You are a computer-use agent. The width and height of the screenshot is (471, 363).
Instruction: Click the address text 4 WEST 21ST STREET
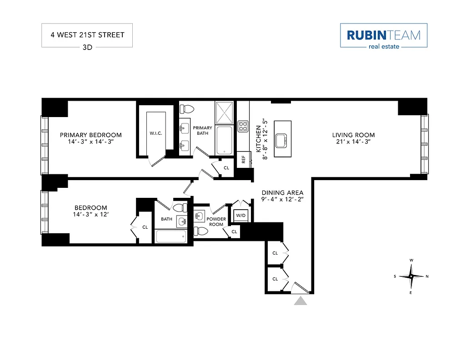coord(87,35)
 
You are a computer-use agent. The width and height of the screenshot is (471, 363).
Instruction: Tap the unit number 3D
coord(87,47)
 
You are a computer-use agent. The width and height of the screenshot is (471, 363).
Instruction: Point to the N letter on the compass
coord(427,276)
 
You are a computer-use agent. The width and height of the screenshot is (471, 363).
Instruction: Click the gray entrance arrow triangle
coord(300,300)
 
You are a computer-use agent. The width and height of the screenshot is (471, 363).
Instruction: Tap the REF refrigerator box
coord(243,160)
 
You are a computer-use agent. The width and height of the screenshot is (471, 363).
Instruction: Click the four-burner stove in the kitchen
coord(243,126)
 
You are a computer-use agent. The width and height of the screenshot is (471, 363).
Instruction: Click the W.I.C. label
coord(156,133)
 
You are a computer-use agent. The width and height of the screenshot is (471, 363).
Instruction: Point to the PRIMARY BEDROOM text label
coord(91,135)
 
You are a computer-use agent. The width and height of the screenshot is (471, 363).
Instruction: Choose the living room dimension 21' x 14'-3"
coord(353,142)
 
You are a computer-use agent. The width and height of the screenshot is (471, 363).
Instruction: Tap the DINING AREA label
coord(282,192)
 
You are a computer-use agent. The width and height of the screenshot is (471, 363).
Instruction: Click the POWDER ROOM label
coord(216,222)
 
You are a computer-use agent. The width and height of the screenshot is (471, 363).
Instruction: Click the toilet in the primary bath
coord(187,109)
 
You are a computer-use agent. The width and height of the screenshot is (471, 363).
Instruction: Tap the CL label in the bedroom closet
coord(145,227)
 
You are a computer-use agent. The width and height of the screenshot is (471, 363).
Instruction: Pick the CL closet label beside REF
coord(226,167)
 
